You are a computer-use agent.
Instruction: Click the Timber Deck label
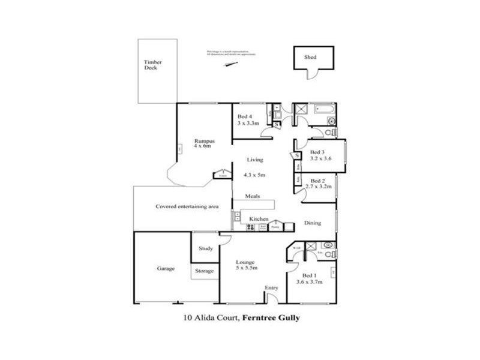click(x=153, y=65)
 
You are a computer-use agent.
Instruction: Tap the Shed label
click(x=310, y=58)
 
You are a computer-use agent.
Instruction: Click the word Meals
click(x=252, y=196)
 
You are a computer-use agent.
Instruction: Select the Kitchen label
click(x=259, y=219)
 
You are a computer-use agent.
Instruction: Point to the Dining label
click(x=312, y=223)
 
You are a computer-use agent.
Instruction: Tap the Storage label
click(x=205, y=271)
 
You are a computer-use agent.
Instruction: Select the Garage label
click(x=166, y=269)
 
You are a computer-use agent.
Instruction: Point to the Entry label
click(x=272, y=289)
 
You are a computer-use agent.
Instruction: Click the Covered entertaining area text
click(x=187, y=206)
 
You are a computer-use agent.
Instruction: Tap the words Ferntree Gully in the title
click(x=271, y=319)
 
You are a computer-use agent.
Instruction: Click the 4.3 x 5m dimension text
click(x=255, y=175)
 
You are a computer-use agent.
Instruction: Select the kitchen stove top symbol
click(x=251, y=227)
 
